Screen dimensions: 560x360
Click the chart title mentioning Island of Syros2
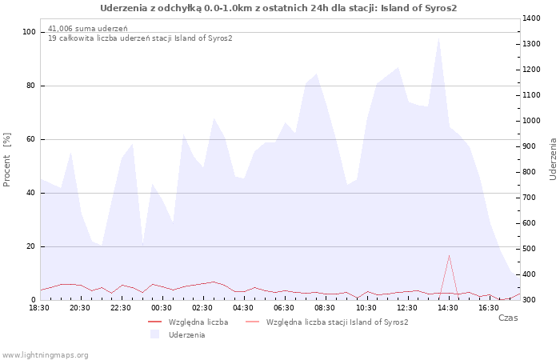click(278, 8)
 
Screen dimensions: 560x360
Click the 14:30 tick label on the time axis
click(448, 308)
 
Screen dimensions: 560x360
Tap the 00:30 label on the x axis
click(162, 308)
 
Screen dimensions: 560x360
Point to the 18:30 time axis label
click(39, 308)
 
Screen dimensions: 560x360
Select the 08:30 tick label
click(325, 308)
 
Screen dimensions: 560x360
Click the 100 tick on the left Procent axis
click(29, 32)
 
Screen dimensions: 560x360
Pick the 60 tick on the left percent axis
click(30, 139)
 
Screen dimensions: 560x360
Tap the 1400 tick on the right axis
click(532, 18)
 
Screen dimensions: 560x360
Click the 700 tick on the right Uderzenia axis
click(530, 198)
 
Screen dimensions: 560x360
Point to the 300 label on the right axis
click(530, 300)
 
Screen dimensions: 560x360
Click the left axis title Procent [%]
click(6, 160)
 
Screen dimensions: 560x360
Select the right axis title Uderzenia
click(554, 159)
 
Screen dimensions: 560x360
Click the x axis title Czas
click(508, 318)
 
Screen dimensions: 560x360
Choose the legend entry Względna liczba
click(198, 322)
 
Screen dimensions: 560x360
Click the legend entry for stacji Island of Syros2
click(337, 322)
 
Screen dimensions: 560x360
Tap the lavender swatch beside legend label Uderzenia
click(154, 334)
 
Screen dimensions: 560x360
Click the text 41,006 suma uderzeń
click(87, 29)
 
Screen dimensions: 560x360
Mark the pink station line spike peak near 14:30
click(449, 255)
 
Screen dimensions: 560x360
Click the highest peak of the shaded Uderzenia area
click(438, 38)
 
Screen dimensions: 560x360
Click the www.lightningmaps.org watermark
click(44, 355)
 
